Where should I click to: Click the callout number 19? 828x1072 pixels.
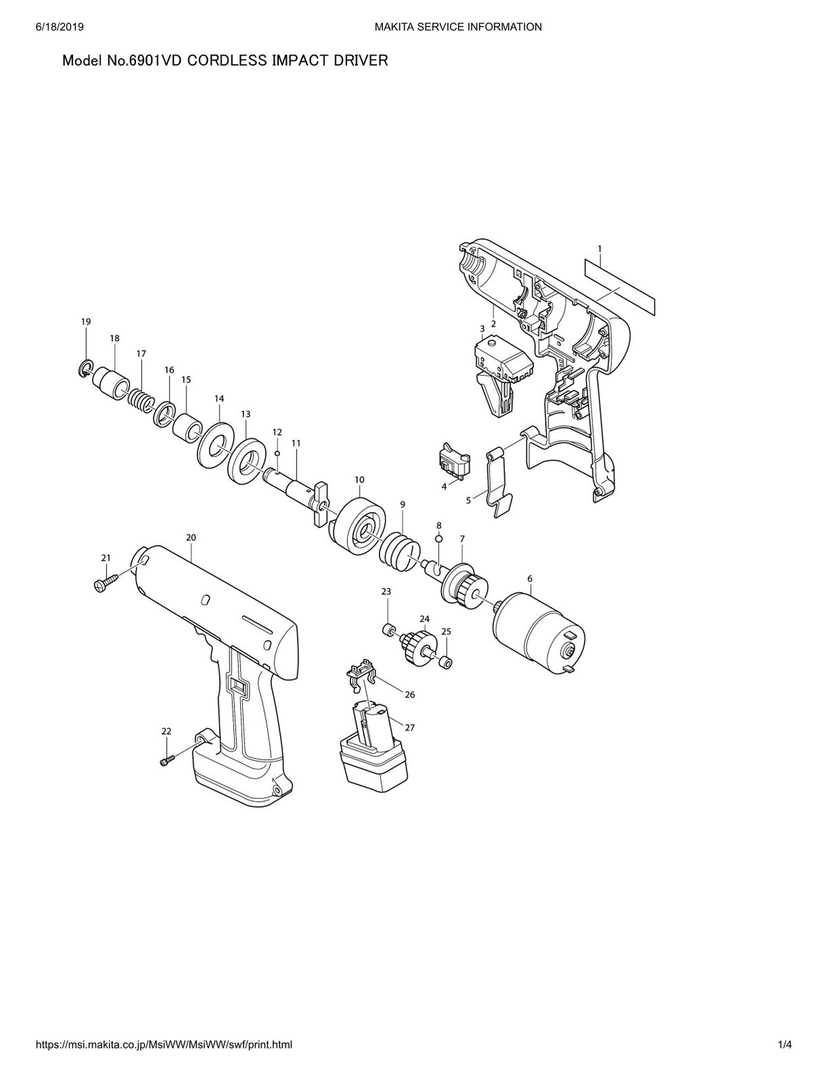[86, 322]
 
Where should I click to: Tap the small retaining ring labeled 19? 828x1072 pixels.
[85, 369]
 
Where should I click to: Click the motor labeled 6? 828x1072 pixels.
[539, 631]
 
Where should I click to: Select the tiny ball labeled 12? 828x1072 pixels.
[277, 453]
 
